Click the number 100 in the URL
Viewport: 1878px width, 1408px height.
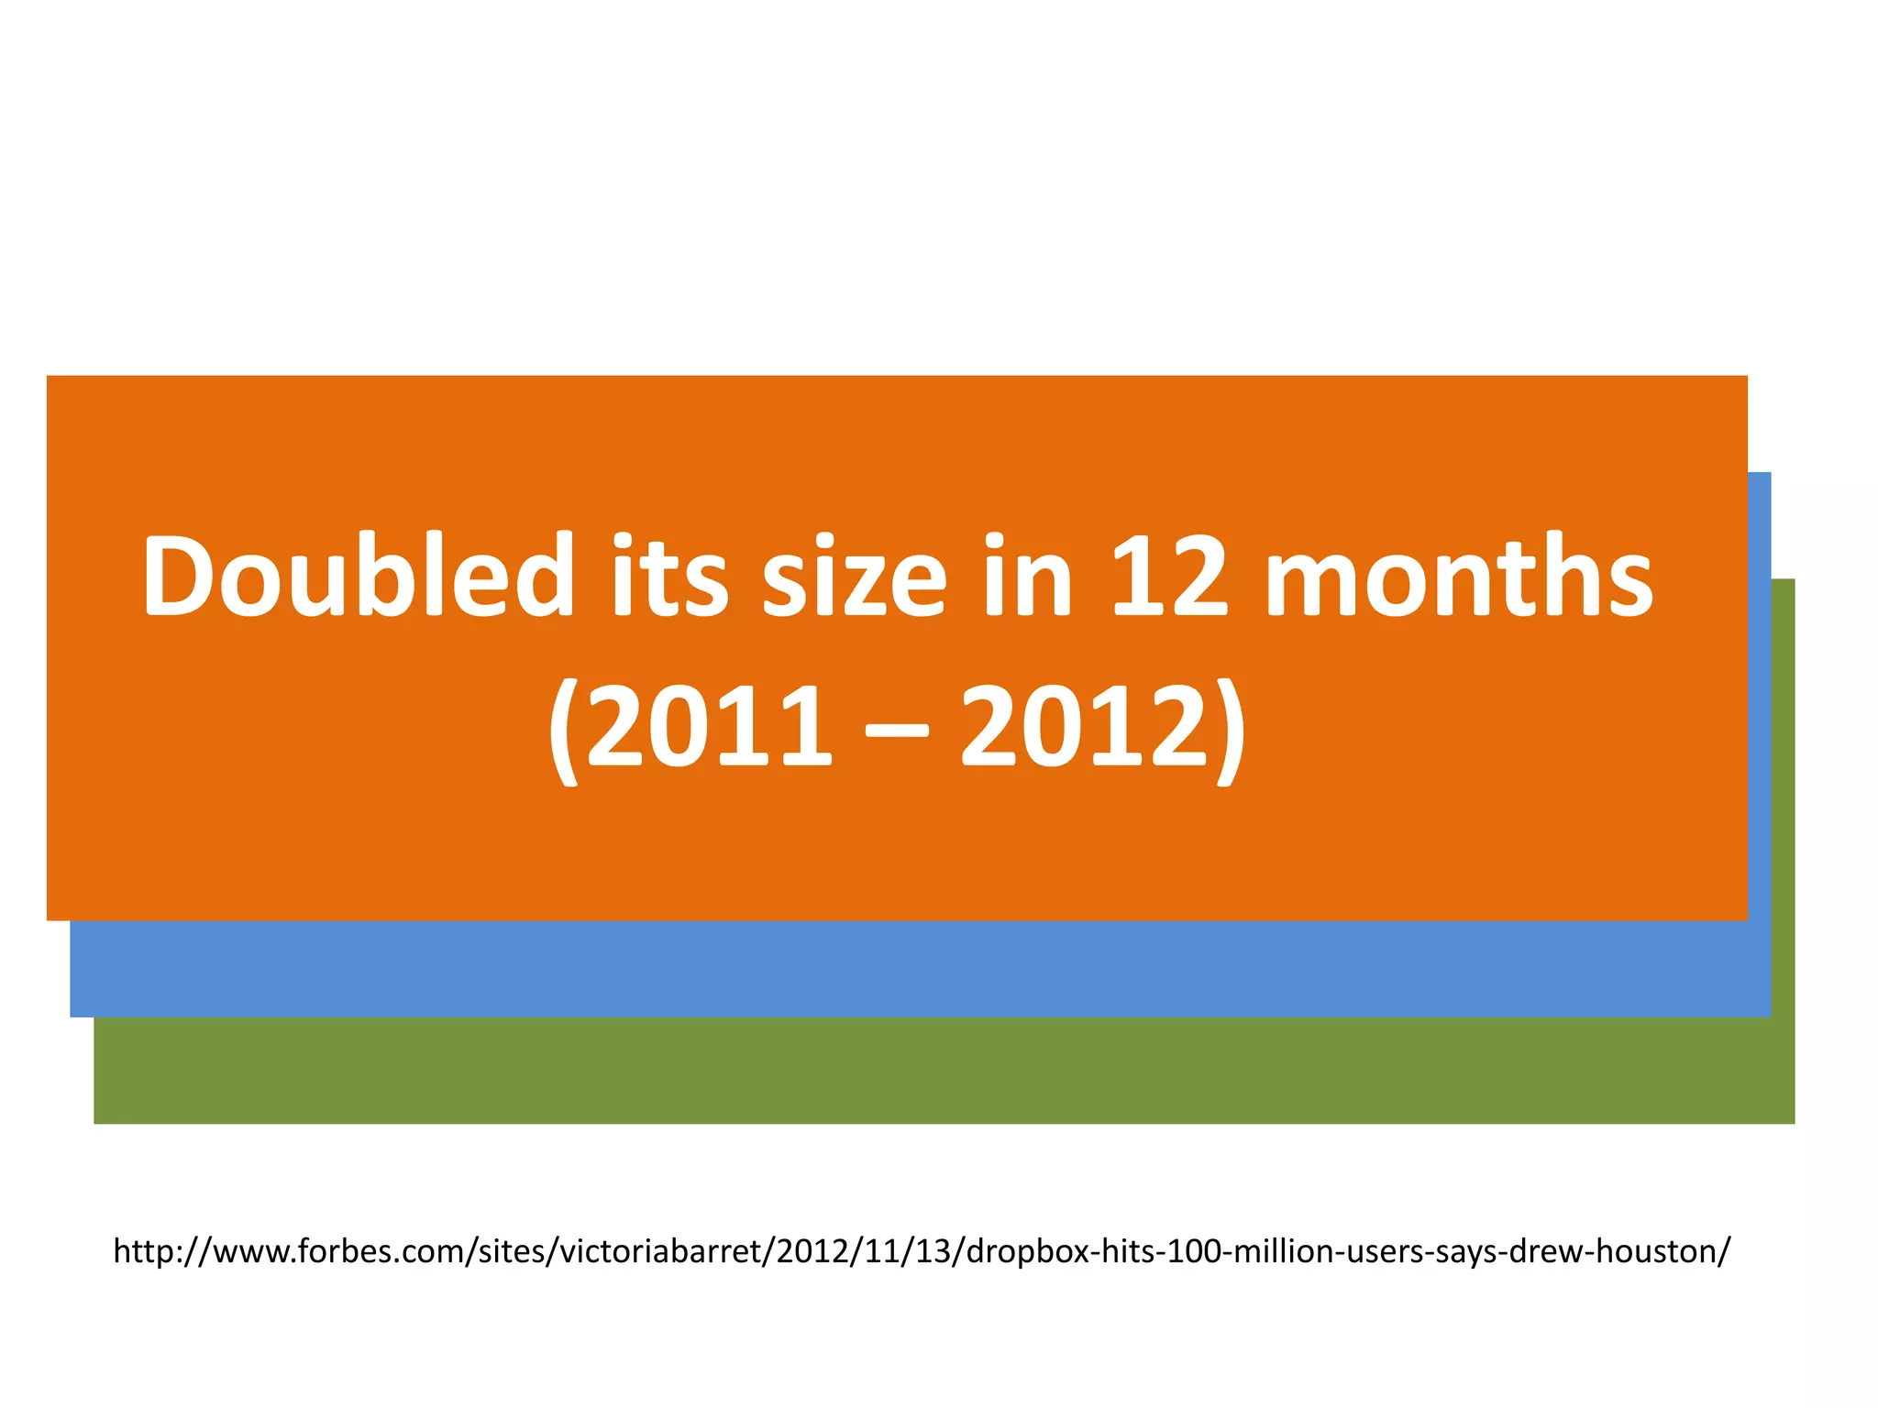coord(1192,1251)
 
